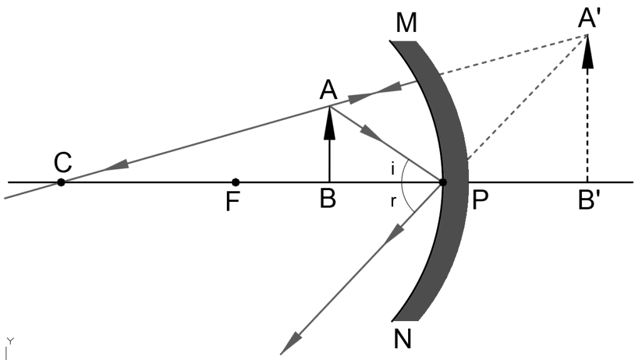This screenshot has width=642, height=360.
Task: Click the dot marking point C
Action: coord(61,182)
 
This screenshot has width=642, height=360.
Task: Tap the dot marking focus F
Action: coord(235,182)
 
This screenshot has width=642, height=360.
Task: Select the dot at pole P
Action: coord(443,182)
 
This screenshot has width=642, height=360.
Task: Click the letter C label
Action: coord(62,163)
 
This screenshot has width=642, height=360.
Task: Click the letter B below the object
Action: coord(327,200)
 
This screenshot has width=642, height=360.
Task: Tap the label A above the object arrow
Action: coord(328,92)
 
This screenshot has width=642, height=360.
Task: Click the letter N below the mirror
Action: coord(402,339)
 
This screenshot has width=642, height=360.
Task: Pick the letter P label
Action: coord(481,201)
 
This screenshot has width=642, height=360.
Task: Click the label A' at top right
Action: coord(590,21)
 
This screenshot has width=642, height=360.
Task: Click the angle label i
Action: coord(392,169)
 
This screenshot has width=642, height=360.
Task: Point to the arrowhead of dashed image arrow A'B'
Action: coord(587,56)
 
